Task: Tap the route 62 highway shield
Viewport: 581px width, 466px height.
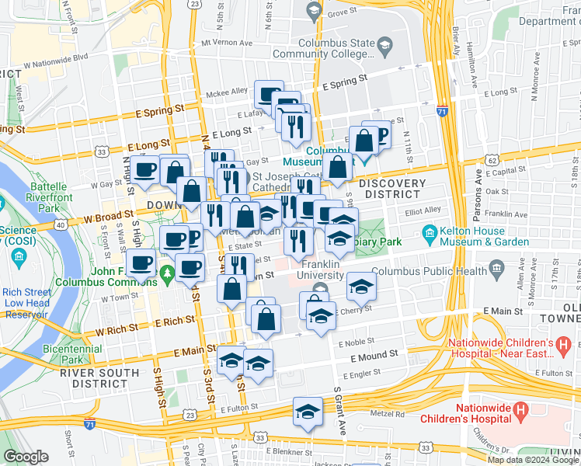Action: [x=492, y=159]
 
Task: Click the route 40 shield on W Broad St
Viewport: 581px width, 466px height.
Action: [x=59, y=224]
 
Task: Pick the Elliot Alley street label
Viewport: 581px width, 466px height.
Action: [x=423, y=210]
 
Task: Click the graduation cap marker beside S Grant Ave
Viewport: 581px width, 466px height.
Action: [x=308, y=412]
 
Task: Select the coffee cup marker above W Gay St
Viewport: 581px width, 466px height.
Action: [x=144, y=170]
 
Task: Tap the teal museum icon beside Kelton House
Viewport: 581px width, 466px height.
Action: [x=429, y=233]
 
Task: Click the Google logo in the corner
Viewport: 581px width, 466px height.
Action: [x=26, y=457]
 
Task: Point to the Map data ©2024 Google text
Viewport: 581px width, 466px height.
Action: [x=533, y=460]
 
